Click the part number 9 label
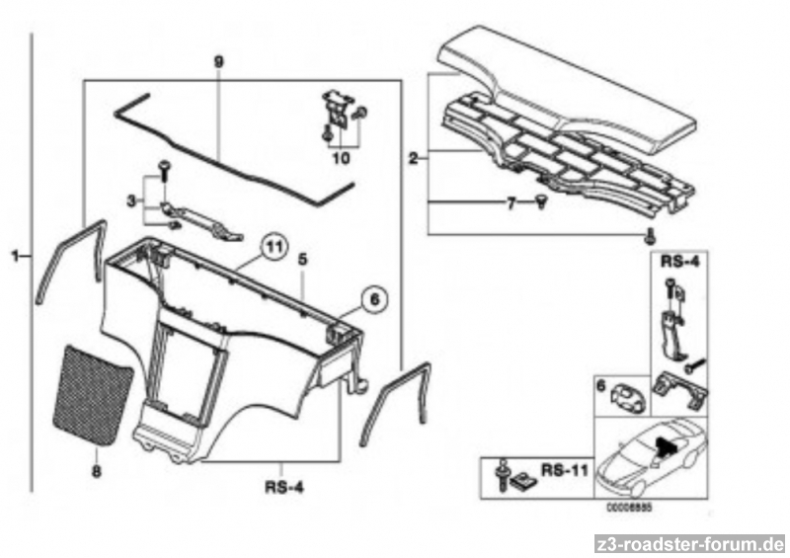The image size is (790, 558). [219, 61]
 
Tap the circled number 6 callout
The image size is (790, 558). [372, 296]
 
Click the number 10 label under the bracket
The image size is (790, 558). [342, 156]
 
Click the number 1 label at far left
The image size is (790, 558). [16, 257]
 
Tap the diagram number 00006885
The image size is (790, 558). [630, 511]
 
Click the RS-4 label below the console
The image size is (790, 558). [282, 485]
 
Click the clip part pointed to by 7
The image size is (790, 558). [543, 202]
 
